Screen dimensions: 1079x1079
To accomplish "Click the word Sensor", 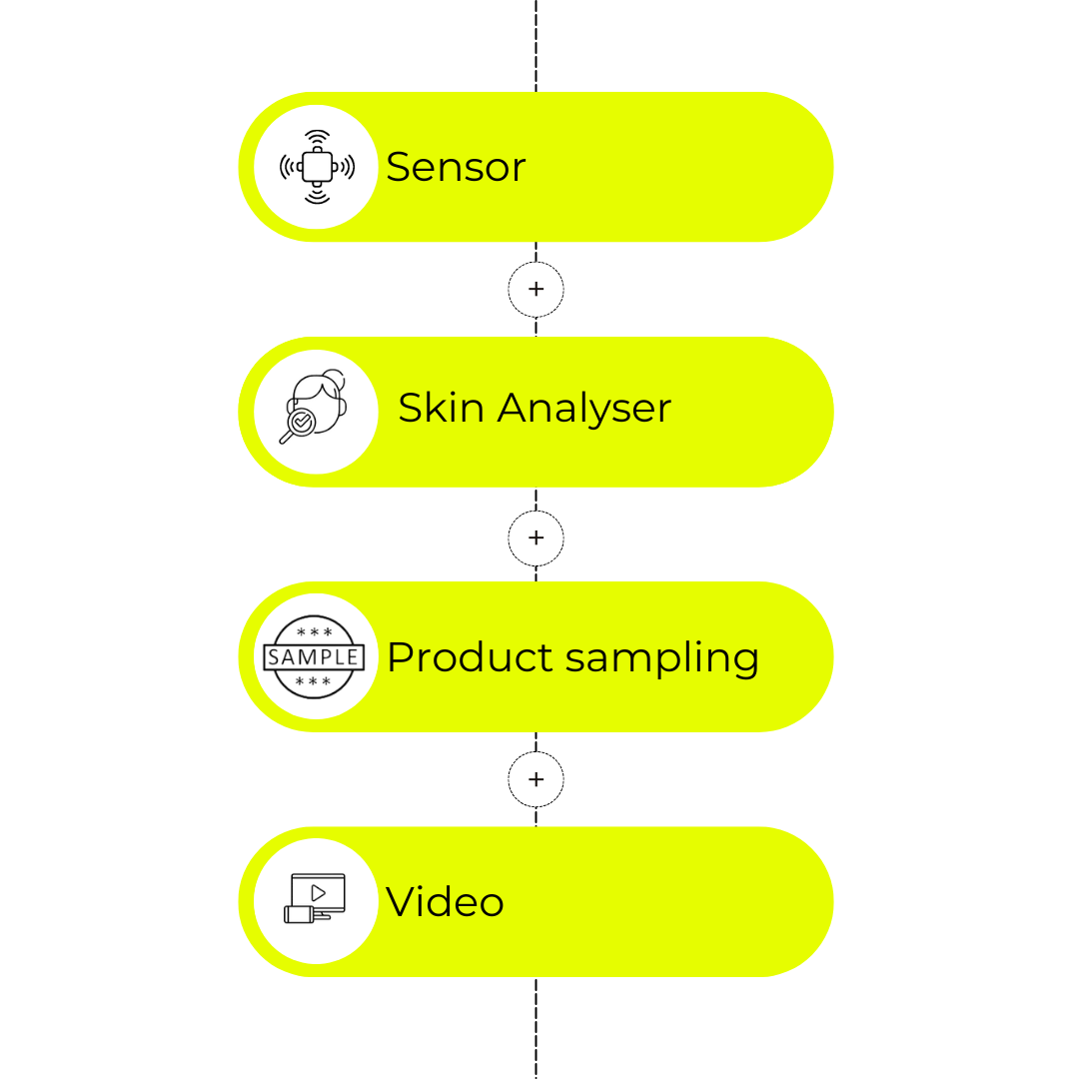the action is coord(456,167).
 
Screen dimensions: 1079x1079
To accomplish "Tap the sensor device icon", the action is coord(318,167).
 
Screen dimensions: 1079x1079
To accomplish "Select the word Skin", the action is coord(442,408).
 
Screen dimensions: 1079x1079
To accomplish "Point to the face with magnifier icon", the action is coord(313,406).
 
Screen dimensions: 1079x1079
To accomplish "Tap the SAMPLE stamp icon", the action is coord(314,656).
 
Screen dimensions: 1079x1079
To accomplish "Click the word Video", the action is coord(445,901).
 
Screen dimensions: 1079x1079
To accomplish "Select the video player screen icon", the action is coord(315,898).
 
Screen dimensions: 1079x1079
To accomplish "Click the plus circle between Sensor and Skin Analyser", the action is coord(537,289).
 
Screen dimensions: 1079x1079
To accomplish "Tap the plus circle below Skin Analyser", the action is coord(537,539).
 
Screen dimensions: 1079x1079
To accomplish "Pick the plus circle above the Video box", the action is coord(537,779).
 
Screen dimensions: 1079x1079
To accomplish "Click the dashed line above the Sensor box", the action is coord(537,45).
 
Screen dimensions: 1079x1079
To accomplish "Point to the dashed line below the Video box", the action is coord(537,1028).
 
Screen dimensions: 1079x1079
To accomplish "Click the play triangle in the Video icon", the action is coord(318,893).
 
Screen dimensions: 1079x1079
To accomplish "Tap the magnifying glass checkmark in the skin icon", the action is coord(302,422).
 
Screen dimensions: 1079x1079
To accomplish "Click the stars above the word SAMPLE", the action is coord(314,631).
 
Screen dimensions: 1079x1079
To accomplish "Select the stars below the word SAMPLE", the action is coord(313,681).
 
